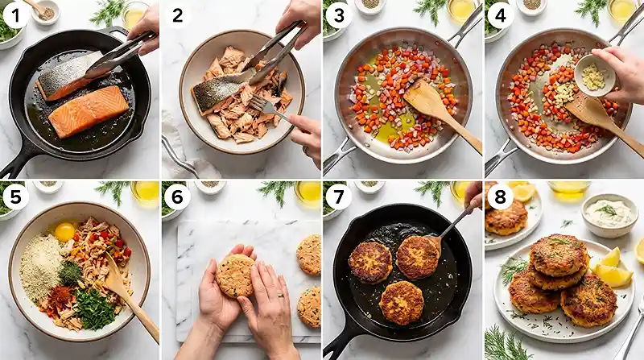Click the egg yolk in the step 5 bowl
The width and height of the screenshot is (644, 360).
pyautogui.click(x=64, y=232)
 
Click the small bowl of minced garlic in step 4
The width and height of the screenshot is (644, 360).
pyautogui.click(x=595, y=76)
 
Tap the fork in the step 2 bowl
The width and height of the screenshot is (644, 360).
pyautogui.click(x=270, y=108)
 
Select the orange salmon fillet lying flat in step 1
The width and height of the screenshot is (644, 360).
pyautogui.click(x=88, y=111)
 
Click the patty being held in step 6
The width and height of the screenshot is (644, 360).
pyautogui.click(x=235, y=276)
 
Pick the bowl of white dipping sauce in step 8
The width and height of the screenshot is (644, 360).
pyautogui.click(x=609, y=213)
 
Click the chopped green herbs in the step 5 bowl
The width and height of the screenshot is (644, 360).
pyautogui.click(x=95, y=308)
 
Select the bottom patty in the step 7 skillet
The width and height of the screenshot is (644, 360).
pyautogui.click(x=402, y=303)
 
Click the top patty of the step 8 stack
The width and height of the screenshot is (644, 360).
pyautogui.click(x=558, y=254)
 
